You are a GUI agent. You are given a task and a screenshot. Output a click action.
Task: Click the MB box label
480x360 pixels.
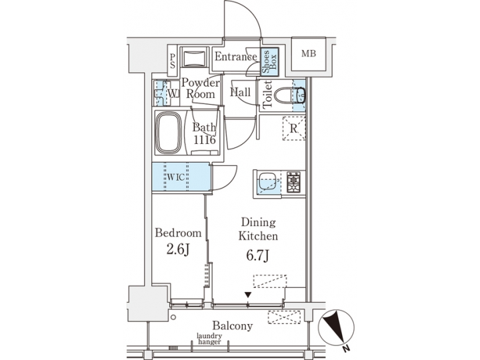tap(308, 54)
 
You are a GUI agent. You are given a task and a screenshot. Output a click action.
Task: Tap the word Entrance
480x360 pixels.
tap(235, 57)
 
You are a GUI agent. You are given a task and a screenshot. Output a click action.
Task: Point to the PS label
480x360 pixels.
tap(171, 61)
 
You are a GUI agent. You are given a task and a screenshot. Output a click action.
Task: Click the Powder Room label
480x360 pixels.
tap(201, 88)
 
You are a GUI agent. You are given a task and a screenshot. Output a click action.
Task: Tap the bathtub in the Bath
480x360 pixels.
tap(171, 133)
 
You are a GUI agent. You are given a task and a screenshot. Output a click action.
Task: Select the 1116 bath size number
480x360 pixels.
tap(205, 140)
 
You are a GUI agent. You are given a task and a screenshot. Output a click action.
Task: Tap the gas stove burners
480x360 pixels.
tap(294, 182)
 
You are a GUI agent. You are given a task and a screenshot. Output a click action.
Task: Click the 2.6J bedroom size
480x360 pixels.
tap(178, 250)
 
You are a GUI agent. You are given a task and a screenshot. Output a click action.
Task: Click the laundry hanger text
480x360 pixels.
tap(214, 340)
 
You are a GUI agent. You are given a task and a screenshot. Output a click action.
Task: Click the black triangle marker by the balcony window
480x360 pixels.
tap(248, 295)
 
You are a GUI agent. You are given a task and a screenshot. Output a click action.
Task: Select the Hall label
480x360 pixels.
tap(240, 93)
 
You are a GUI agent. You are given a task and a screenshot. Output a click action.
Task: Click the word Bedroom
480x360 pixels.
tap(178, 233)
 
